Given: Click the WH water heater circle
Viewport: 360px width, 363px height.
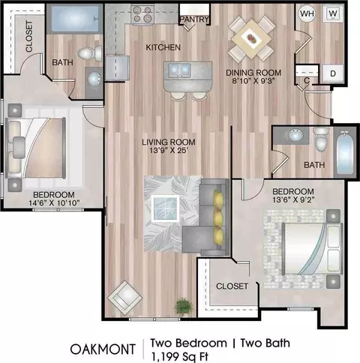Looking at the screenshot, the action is [307, 13].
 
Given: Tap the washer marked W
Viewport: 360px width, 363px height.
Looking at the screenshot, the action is [333, 13].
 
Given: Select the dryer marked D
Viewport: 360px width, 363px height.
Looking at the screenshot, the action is [332, 73].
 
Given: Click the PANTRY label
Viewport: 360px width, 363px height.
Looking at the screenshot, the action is [194, 19].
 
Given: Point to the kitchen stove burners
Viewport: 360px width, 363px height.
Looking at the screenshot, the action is [142, 14].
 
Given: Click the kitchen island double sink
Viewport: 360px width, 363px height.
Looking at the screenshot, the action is [180, 70].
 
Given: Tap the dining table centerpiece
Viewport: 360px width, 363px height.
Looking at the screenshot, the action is [252, 39].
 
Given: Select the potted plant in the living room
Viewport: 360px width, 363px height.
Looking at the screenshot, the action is [184, 306].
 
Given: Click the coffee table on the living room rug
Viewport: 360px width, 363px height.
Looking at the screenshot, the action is [165, 208].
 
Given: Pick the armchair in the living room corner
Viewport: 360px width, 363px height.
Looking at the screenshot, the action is [124, 298].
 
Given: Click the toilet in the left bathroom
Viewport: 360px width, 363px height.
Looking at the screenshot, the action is [90, 53].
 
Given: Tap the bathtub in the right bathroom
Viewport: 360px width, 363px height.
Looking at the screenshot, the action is [345, 151].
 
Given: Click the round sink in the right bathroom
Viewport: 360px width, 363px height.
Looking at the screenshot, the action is [295, 135].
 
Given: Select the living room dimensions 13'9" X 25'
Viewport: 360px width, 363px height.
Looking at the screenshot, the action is [169, 151].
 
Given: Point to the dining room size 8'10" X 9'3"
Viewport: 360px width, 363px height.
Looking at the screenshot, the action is [253, 81].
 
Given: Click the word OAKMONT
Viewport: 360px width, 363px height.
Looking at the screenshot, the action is [103, 349].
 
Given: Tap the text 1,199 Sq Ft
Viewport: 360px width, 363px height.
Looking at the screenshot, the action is [179, 357].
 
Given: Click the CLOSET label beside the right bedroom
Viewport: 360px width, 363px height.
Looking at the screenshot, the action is [232, 286].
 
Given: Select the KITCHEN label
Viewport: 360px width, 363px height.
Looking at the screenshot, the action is [163, 47].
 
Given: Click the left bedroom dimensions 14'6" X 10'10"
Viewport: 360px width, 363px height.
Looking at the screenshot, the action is [54, 202].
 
